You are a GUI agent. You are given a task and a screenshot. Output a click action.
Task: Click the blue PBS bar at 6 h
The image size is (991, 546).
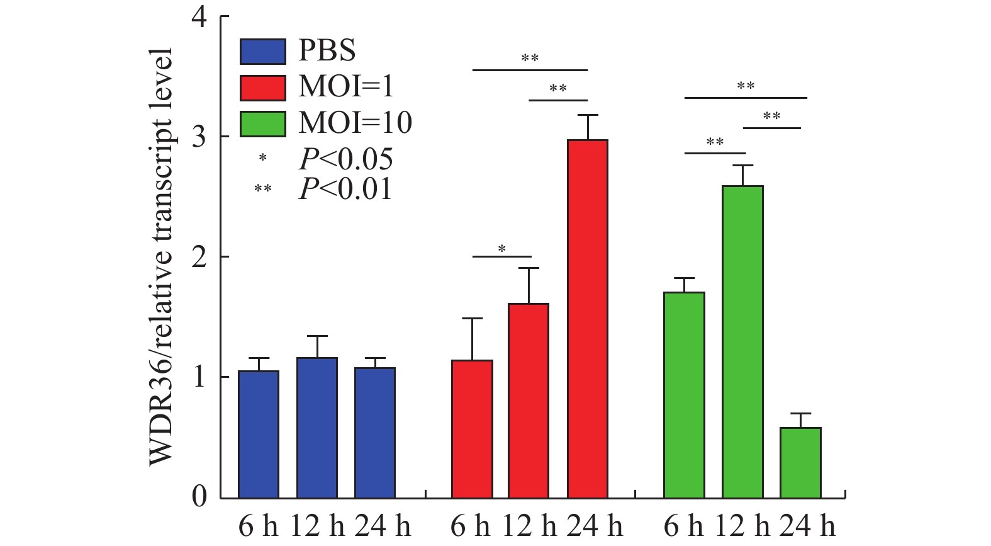click(x=259, y=435)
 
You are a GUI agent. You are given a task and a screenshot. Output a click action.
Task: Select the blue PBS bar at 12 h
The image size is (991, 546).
click(x=316, y=428)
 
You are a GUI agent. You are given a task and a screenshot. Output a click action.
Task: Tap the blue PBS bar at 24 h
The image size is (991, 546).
click(x=374, y=433)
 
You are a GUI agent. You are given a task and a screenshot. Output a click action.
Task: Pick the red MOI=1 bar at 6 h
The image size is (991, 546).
click(x=472, y=429)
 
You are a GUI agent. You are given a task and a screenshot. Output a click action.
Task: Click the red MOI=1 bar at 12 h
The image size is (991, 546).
click(x=529, y=401)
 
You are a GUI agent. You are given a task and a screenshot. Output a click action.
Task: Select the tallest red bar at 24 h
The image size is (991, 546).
click(x=587, y=319)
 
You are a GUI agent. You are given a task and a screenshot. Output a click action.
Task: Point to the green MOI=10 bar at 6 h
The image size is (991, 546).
click(x=684, y=395)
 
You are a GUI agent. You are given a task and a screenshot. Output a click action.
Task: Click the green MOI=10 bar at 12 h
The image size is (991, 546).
click(x=742, y=342)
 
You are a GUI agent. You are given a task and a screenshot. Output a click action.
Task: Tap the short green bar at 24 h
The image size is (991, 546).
click(x=800, y=463)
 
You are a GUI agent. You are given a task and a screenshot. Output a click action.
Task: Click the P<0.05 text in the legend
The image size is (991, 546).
click(x=345, y=159)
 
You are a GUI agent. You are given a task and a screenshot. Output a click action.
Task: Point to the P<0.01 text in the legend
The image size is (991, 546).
click(x=345, y=189)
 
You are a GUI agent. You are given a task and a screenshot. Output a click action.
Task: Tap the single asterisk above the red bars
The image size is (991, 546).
click(x=501, y=249)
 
